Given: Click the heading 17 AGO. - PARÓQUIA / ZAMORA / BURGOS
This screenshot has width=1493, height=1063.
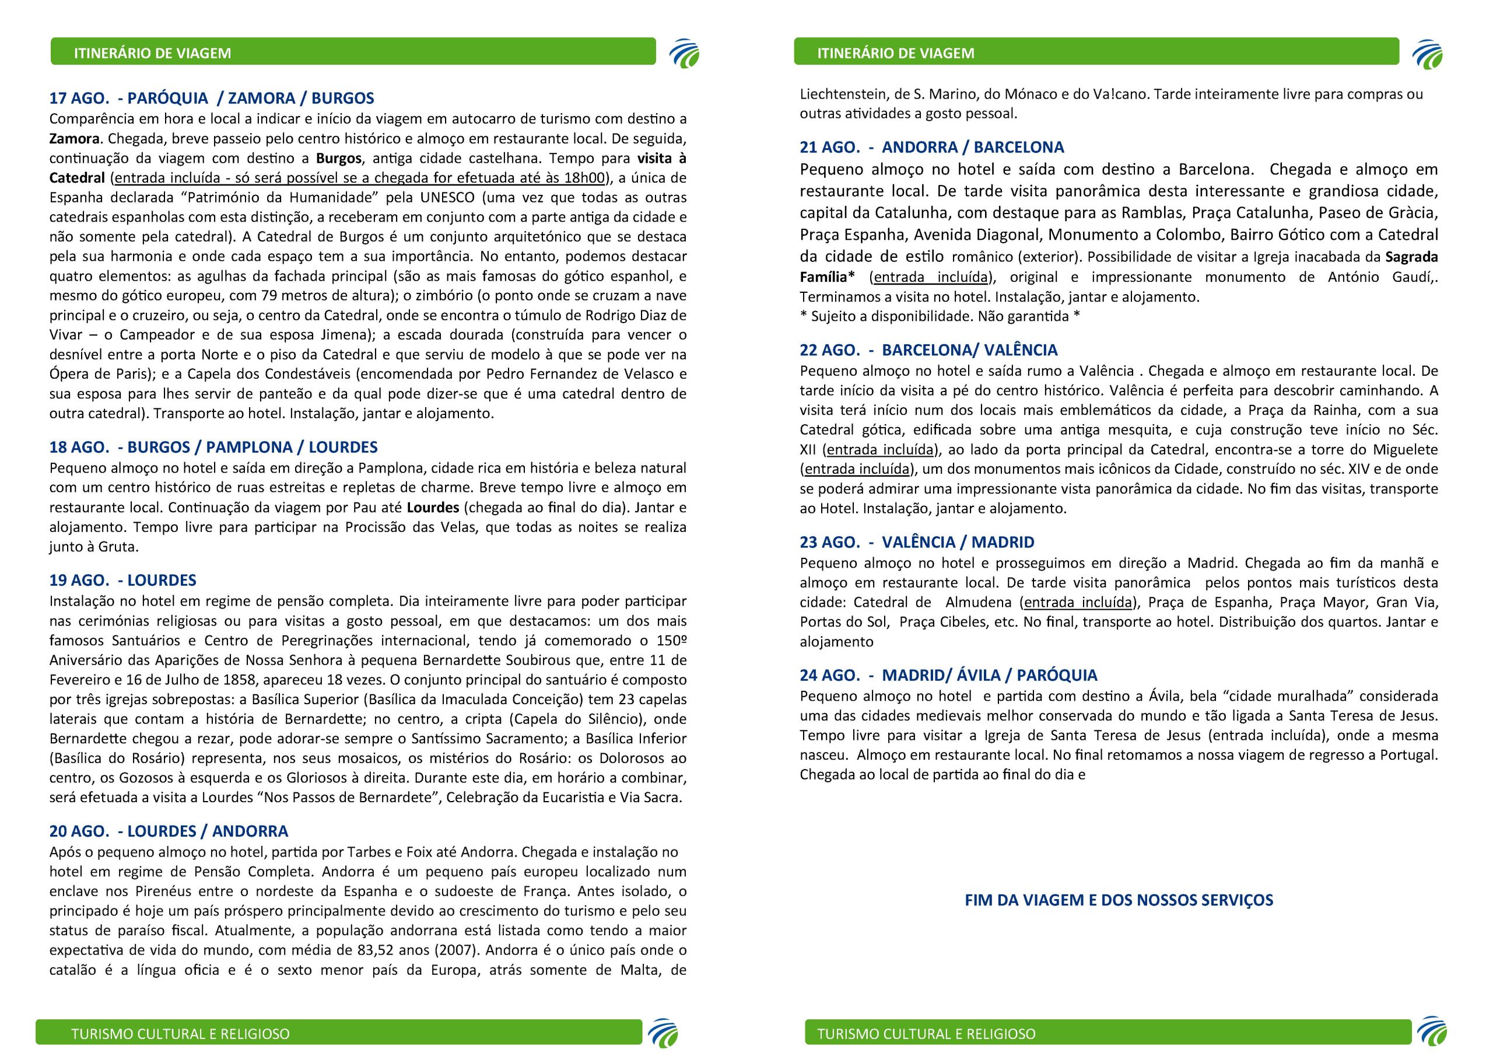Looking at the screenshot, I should pos(211,98).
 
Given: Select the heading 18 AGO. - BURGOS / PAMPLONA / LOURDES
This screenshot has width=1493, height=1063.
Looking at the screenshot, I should pos(213,447).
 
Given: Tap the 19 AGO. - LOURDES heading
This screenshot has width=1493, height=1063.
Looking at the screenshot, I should pos(122,580).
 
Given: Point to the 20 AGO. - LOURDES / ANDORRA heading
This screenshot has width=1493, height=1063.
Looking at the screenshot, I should pos(168,831).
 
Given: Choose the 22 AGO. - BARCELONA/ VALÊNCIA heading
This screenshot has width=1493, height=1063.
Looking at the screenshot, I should pos(928,350).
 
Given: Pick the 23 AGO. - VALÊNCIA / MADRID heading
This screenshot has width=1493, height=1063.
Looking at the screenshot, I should pos(917,542).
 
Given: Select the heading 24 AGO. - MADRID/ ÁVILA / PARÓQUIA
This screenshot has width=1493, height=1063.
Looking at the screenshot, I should pos(948,675).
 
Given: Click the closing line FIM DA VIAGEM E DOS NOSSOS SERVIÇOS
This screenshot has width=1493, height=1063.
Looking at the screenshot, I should pos(1119,900).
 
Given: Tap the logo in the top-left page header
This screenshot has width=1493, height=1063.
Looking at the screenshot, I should pos(684,53).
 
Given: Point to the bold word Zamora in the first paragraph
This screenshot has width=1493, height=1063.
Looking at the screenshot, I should pos(75,139).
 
